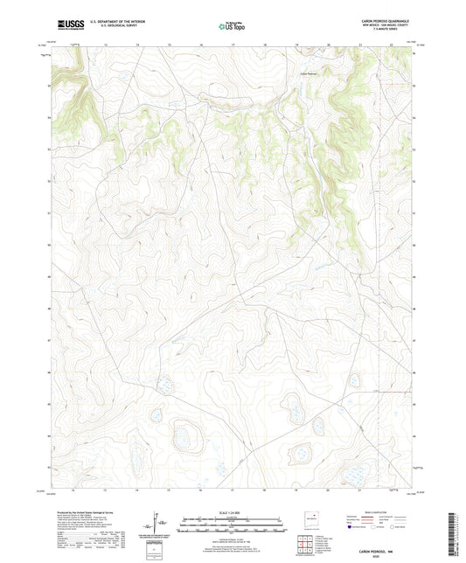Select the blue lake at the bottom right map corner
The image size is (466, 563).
tap(357, 476)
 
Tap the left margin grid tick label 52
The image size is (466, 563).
tap(48, 180)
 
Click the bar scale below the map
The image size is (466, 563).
tap(233, 525)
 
